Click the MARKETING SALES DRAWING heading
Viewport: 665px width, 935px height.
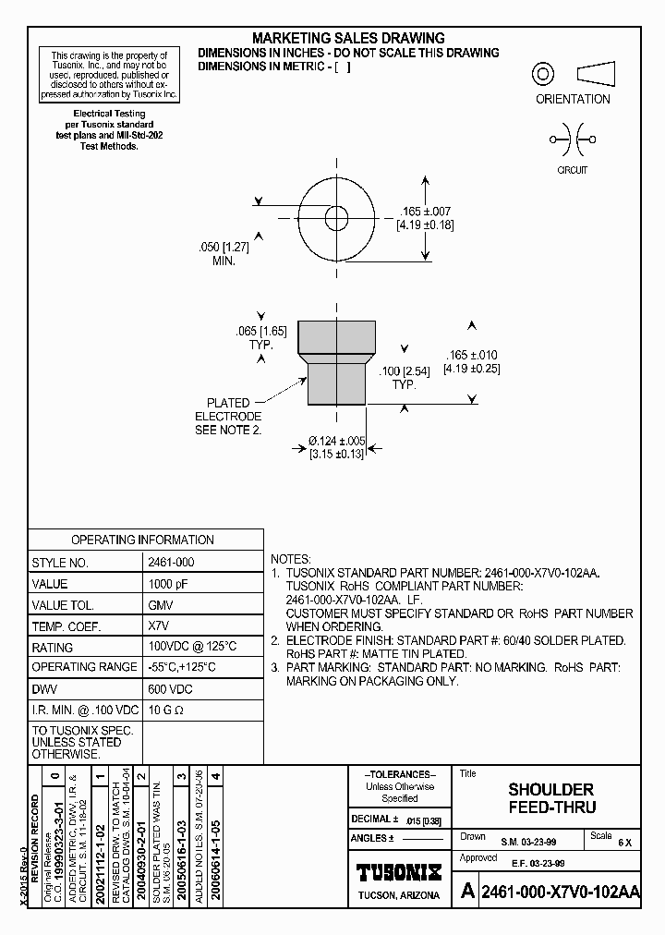coord(348,38)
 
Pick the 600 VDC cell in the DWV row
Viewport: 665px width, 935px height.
coord(170,688)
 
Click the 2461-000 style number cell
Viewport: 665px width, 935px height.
coord(171,563)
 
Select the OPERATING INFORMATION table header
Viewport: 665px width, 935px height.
coord(142,540)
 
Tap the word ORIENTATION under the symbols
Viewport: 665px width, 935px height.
coord(573,99)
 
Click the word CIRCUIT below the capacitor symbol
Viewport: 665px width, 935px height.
coord(572,170)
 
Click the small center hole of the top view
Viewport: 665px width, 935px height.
coord(335,218)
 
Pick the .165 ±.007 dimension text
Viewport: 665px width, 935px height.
coord(426,212)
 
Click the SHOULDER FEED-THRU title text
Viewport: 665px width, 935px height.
coord(551,798)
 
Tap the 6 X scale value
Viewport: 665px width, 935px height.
coord(624,843)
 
